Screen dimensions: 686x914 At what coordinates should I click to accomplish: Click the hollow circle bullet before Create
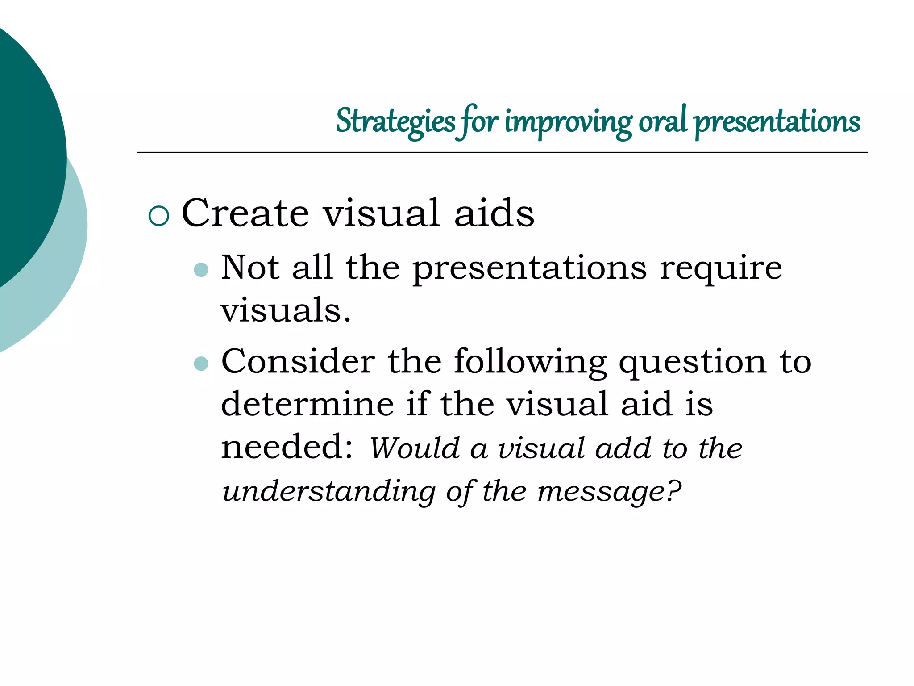click(158, 216)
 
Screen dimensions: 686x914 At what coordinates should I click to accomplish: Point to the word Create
click(245, 213)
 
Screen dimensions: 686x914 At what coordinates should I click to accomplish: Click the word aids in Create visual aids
click(494, 213)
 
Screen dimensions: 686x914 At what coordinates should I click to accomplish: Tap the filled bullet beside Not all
click(202, 270)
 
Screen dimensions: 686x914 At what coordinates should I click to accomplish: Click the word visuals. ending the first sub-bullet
click(286, 310)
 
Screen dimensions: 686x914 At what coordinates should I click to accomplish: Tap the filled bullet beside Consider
click(202, 363)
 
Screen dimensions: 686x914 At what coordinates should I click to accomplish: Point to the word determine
click(307, 404)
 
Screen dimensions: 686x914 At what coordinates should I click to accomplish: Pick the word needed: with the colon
click(287, 446)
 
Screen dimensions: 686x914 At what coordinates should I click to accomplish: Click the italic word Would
click(415, 448)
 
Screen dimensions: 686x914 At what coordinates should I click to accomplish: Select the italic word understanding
click(329, 491)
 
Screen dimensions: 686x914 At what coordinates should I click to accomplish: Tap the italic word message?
click(609, 491)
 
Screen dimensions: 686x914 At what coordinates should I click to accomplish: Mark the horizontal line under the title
click(502, 153)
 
